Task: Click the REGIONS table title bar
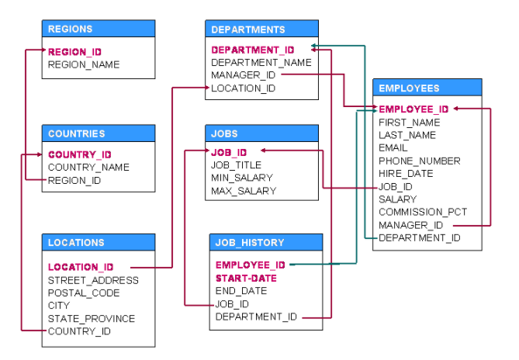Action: tap(98, 29)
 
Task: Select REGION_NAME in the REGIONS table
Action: tap(84, 65)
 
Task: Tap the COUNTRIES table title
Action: tap(98, 133)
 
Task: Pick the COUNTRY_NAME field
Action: tap(88, 168)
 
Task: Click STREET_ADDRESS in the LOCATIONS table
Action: tap(93, 280)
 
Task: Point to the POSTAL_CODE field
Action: tap(84, 293)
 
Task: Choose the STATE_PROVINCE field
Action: tap(91, 319)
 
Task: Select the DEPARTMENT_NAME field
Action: tap(261, 62)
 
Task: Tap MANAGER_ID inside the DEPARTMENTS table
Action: tap(243, 75)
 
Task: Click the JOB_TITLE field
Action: tap(236, 165)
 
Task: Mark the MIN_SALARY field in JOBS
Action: tap(241, 178)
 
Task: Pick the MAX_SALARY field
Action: tap(243, 191)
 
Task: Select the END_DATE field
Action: tap(240, 291)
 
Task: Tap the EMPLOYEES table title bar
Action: tap(427, 88)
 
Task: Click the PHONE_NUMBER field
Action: tap(419, 161)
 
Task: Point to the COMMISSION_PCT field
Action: tap(422, 212)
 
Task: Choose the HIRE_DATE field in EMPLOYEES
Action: tap(406, 174)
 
